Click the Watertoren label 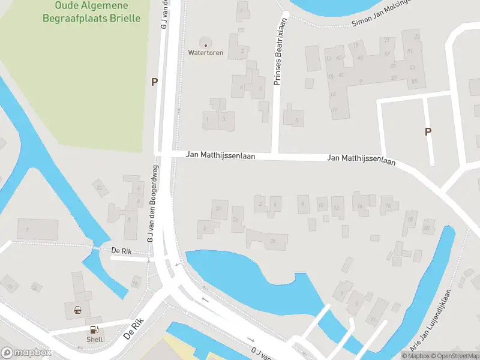[206, 53]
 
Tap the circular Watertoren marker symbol [206, 44]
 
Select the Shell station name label [94, 339]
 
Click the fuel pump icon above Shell [94, 329]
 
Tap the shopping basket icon [77, 310]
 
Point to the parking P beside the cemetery [154, 82]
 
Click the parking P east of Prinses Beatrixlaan [428, 131]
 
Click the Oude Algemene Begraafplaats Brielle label [92, 11]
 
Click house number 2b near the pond [274, 242]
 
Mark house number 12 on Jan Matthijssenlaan [337, 208]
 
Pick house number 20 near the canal [427, 227]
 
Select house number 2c [218, 208]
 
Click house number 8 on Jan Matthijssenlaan [303, 204]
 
